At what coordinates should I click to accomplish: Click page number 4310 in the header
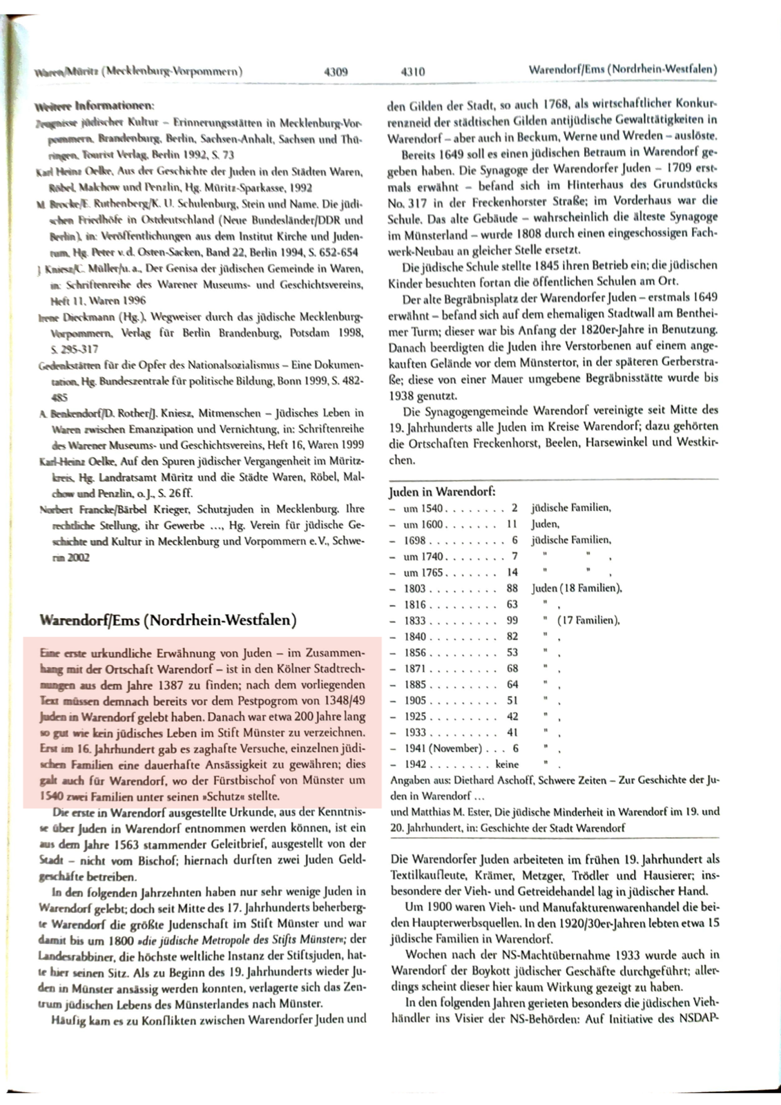(412, 71)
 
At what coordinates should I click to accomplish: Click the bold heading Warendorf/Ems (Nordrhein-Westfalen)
(168, 619)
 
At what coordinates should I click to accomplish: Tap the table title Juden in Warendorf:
(442, 492)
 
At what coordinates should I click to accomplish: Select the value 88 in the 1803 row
(512, 588)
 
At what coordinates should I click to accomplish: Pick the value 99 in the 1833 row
(512, 620)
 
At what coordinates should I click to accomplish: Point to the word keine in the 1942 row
(507, 765)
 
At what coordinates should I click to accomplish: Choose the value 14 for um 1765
(512, 573)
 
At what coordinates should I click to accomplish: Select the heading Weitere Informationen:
(94, 106)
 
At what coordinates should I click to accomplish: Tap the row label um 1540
(423, 508)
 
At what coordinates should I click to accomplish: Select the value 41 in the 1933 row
(512, 732)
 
